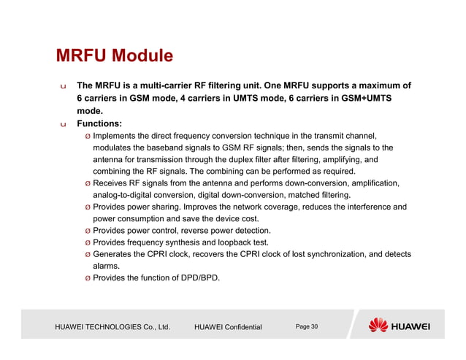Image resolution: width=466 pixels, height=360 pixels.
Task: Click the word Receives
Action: coord(115,183)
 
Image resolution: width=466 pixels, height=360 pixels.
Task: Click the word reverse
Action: coord(199,231)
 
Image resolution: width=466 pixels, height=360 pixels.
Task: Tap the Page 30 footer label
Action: coord(307,326)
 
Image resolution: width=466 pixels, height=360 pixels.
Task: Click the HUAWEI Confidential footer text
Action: coord(228,327)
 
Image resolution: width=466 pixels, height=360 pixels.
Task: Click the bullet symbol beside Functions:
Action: coord(63,124)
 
